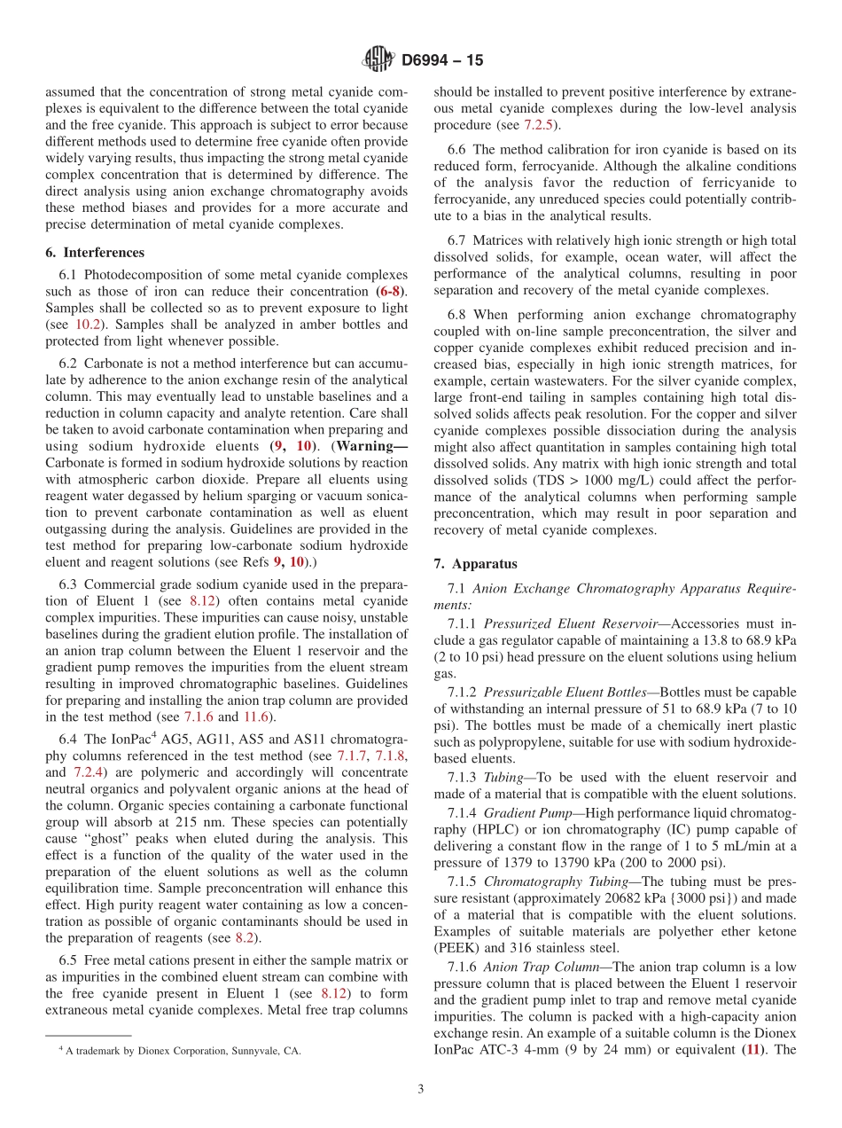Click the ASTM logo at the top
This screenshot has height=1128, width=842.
pyautogui.click(x=378, y=60)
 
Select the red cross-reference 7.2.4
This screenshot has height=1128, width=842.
pyautogui.click(x=88, y=772)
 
